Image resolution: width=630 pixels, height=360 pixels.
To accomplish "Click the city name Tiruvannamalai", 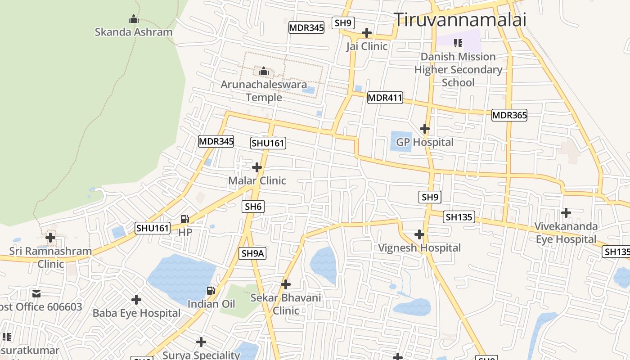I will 460,20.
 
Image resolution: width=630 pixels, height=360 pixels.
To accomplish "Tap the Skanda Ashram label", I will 134,32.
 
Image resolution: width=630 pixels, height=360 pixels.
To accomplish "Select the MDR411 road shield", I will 385,98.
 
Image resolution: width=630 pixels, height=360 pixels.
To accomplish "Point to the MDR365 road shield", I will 509,115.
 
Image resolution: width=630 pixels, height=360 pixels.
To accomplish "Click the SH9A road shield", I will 253,253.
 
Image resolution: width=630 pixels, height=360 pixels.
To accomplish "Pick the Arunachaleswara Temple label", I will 264,91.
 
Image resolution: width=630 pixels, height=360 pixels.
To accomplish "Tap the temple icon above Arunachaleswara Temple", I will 264,71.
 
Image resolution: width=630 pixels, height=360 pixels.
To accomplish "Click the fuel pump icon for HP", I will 184,219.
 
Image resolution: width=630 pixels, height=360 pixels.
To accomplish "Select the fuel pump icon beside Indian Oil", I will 211,291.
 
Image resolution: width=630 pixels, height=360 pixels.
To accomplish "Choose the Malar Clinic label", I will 257,180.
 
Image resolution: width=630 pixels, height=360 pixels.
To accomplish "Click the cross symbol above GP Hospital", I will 424,129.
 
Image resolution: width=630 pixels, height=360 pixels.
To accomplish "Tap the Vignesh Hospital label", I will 419,248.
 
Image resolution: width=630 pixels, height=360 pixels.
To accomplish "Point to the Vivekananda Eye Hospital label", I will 566,233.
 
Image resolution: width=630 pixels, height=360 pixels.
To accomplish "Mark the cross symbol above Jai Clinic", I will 367,33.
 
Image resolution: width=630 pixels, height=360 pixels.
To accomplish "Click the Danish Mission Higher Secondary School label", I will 458,70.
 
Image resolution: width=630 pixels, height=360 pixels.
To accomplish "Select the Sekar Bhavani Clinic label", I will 286,304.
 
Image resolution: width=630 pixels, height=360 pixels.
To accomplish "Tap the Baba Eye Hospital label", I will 136,313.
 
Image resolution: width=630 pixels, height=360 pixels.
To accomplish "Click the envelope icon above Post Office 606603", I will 36,294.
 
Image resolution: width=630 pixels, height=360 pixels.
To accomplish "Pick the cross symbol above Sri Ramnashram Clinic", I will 50,237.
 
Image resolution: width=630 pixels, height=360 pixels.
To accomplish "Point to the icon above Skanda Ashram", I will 133,19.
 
